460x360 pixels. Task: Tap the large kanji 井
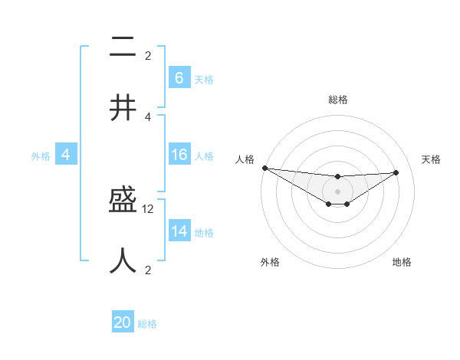123,107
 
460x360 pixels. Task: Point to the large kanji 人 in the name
123,260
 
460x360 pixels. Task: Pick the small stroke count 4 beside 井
148,116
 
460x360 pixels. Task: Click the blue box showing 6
179,78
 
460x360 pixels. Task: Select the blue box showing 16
179,155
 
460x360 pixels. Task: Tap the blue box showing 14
179,231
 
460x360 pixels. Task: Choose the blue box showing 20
122,322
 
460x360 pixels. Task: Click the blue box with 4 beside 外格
65,155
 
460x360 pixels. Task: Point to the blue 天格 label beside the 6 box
204,79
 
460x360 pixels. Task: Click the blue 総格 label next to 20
147,324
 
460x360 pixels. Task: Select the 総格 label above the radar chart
337,100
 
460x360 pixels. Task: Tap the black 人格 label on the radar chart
245,159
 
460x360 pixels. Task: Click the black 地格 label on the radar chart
402,262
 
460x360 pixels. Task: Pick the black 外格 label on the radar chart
270,262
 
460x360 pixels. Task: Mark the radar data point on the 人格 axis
264,168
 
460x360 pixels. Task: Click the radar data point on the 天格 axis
396,172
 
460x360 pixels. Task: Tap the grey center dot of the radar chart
337,191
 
